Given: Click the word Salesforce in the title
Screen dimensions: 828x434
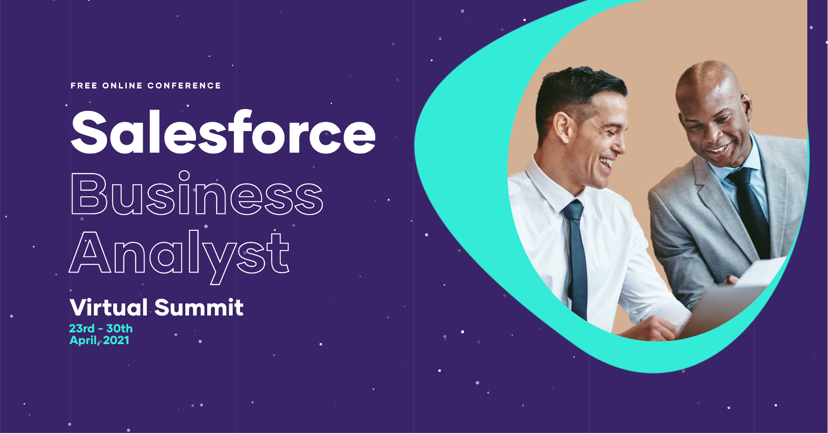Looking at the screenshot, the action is click(x=223, y=132).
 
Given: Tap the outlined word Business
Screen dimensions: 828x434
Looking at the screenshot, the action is click(x=197, y=194).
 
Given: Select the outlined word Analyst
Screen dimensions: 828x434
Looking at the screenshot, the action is click(x=179, y=255).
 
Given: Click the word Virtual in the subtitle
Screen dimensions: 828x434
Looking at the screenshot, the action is click(x=109, y=308).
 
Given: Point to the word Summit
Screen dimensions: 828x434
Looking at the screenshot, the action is click(x=199, y=308).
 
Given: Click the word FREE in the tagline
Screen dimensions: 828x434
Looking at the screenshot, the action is click(x=84, y=86).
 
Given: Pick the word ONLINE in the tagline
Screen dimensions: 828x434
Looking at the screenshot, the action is click(x=123, y=86).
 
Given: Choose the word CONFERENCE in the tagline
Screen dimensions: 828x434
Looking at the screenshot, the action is click(x=184, y=86).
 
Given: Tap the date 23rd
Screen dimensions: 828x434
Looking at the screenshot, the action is click(x=82, y=329).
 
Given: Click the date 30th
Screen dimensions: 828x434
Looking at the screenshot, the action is click(x=119, y=329).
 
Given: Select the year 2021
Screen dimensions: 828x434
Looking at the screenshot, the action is click(x=116, y=340).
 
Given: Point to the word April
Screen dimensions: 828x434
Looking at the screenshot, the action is click(x=85, y=341).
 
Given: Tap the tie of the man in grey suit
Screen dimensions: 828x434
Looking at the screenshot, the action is click(x=751, y=211).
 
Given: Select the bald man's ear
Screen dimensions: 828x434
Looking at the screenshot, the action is click(x=746, y=107).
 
